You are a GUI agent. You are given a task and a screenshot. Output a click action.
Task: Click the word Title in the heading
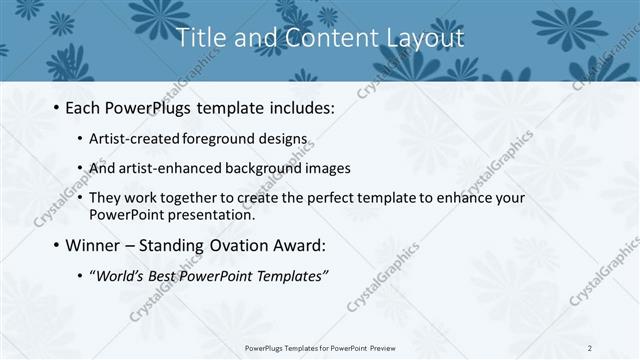click(200, 39)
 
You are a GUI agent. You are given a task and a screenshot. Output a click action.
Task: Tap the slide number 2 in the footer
click(590, 348)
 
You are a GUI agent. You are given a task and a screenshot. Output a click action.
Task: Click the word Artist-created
click(134, 139)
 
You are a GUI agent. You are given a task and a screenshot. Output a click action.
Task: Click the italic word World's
click(119, 275)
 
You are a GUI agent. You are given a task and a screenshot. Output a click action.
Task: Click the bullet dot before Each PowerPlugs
click(55, 108)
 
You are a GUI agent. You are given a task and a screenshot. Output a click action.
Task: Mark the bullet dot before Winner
click(55, 245)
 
